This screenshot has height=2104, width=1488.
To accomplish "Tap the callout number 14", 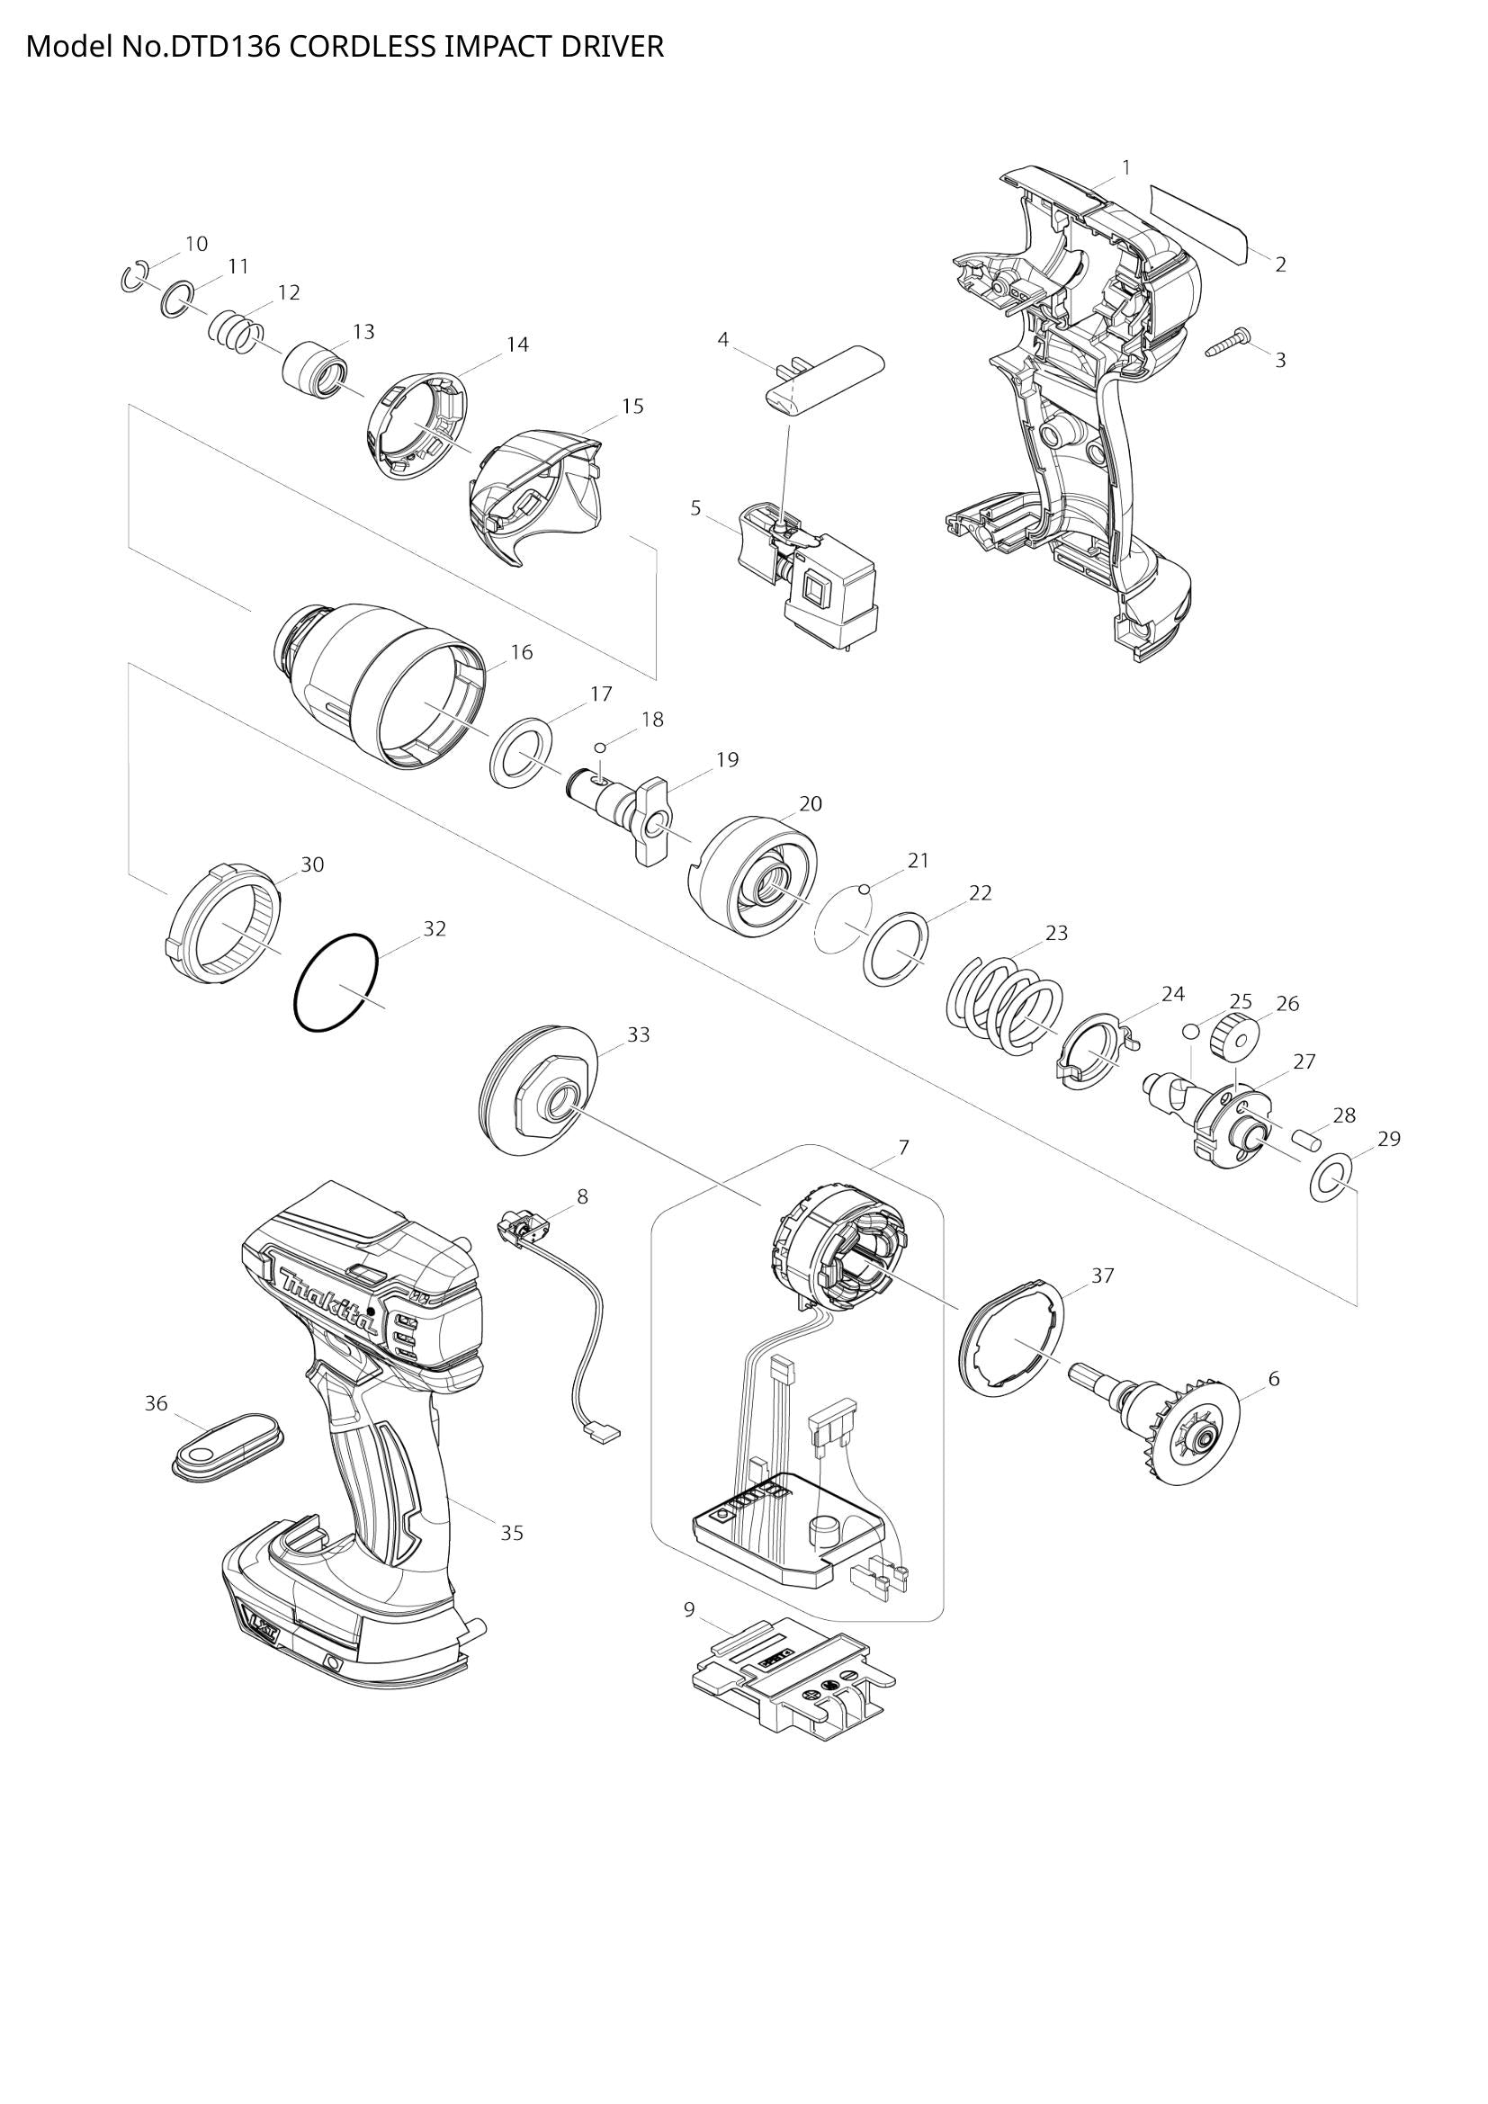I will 517,345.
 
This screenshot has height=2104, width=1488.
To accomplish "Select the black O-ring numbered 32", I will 336,983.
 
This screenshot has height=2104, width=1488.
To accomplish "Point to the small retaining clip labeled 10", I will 134,277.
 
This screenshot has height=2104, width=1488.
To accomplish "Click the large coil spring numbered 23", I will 1003,1001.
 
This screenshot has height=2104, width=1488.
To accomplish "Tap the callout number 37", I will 1103,1275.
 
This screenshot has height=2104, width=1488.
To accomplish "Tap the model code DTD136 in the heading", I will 226,47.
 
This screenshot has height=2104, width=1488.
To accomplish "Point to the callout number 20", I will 811,803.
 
